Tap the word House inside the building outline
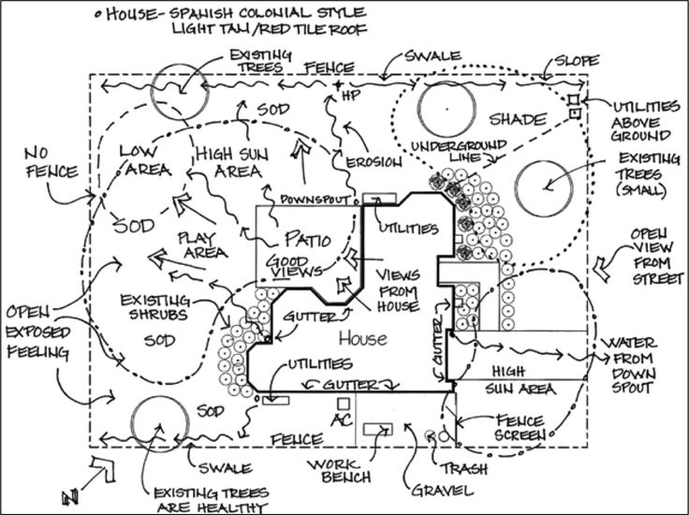pyautogui.click(x=360, y=336)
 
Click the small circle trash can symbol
pyautogui.click(x=431, y=434)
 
